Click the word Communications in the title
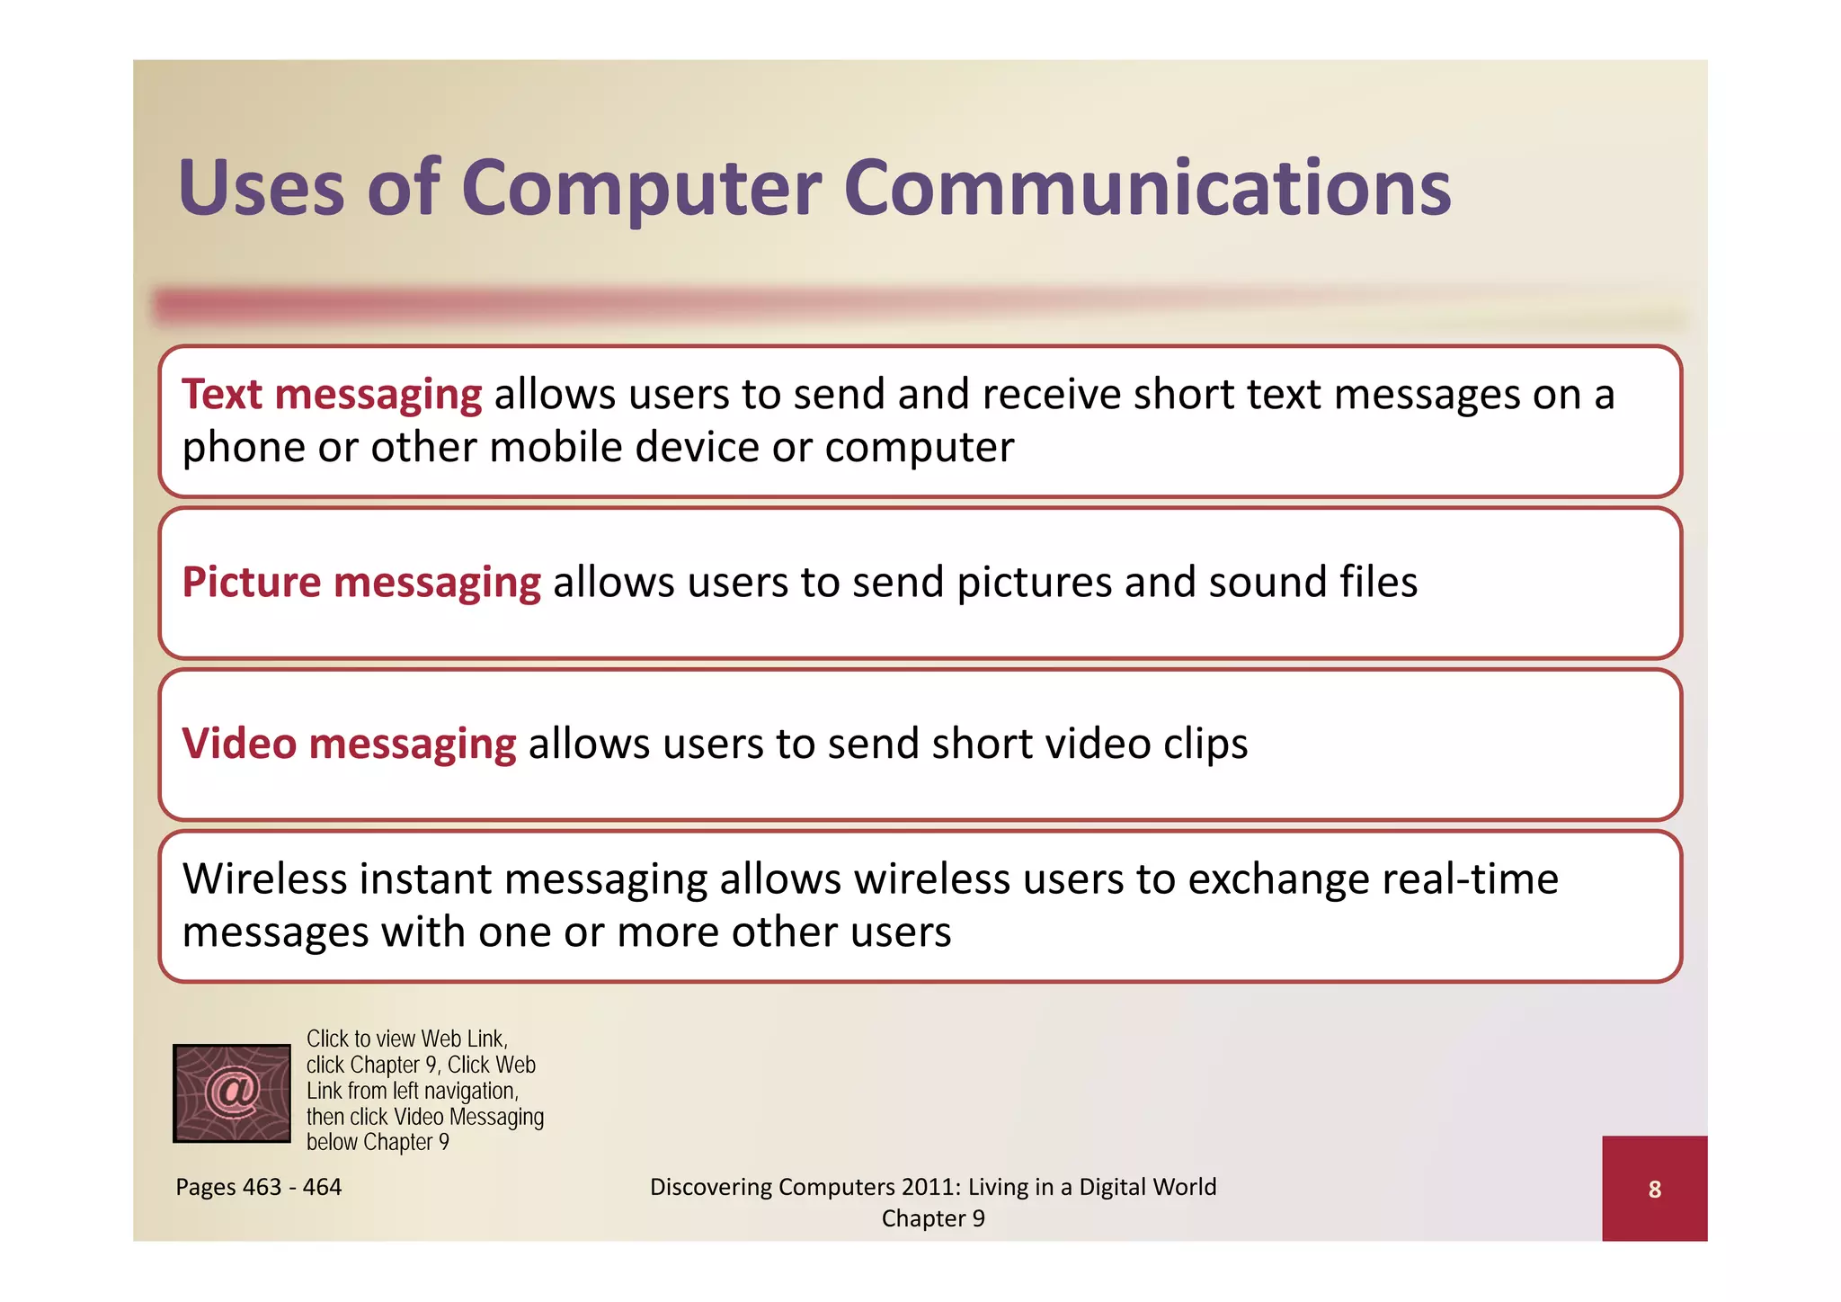click(x=1147, y=189)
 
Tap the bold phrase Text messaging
click(x=332, y=395)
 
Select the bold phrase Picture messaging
click(x=361, y=583)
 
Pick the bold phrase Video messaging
click(x=349, y=745)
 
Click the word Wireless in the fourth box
click(x=264, y=878)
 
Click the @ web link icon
click(x=232, y=1093)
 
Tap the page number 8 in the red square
click(x=1654, y=1190)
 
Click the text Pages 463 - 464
click(x=259, y=1187)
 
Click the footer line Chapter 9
click(x=933, y=1218)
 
